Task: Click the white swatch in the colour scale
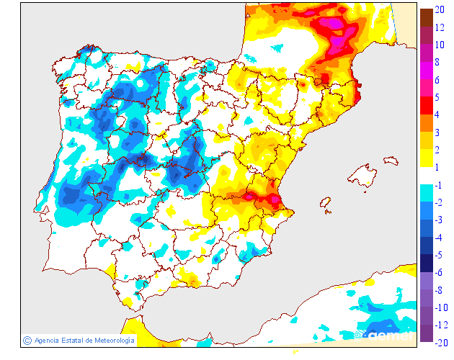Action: (427, 176)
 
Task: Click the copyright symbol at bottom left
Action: (27, 340)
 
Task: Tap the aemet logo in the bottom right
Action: (389, 334)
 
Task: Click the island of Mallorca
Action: (361, 175)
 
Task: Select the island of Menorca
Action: (396, 158)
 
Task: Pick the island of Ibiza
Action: (326, 205)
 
